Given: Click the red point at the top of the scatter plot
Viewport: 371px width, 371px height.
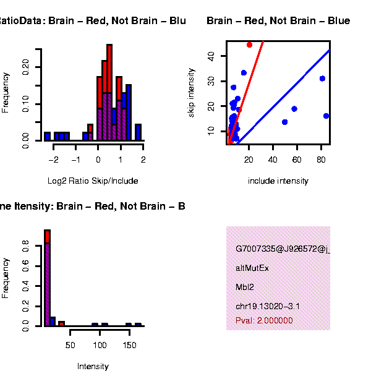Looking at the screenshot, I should pyautogui.click(x=249, y=45).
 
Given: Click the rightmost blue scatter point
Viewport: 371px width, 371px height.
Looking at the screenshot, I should pyautogui.click(x=326, y=116).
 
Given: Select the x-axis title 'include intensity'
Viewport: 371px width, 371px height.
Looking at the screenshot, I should pyautogui.click(x=278, y=181).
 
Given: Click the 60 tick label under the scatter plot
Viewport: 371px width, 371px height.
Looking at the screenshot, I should pyautogui.click(x=297, y=160).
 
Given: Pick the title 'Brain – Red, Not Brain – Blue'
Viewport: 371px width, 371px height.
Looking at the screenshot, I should pyautogui.click(x=278, y=21).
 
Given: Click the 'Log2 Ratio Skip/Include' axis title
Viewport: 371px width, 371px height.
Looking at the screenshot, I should pyautogui.click(x=93, y=181).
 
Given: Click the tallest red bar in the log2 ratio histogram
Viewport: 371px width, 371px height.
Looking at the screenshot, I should pyautogui.click(x=109, y=68).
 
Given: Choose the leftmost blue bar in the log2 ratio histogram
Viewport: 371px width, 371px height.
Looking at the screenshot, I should pyautogui.click(x=47, y=136).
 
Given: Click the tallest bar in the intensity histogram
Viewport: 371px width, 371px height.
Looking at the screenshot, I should pyautogui.click(x=47, y=278).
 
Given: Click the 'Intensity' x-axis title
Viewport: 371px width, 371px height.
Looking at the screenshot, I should pyautogui.click(x=93, y=366).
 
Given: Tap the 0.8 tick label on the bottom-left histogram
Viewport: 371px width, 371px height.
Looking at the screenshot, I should pyautogui.click(x=25, y=248).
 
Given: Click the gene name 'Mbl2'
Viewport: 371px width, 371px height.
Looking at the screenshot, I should pyautogui.click(x=244, y=288).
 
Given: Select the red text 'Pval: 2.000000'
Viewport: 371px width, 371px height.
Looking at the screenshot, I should pyautogui.click(x=264, y=321).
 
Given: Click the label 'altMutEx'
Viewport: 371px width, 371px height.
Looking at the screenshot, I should pyautogui.click(x=252, y=268).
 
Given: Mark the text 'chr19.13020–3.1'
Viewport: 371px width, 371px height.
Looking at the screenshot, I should pyautogui.click(x=268, y=307).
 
